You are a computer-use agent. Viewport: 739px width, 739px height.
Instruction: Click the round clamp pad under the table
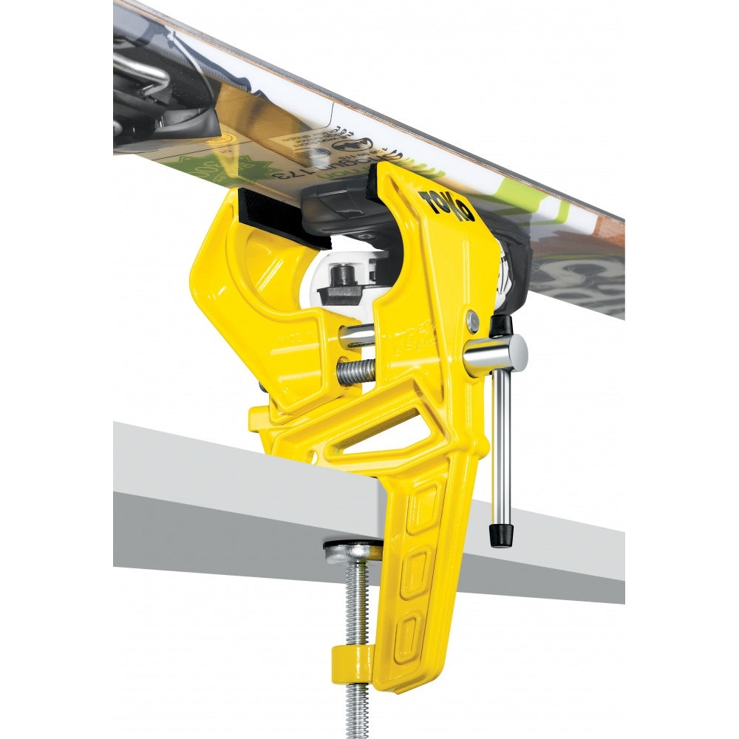(x=353, y=549)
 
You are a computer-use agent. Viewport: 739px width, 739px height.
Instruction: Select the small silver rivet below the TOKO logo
(x=471, y=320)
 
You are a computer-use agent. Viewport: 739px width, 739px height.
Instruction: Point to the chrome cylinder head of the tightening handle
(x=497, y=353)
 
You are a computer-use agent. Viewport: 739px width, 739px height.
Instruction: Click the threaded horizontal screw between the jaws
(x=355, y=372)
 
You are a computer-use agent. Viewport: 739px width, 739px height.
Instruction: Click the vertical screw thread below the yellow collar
(x=358, y=702)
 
